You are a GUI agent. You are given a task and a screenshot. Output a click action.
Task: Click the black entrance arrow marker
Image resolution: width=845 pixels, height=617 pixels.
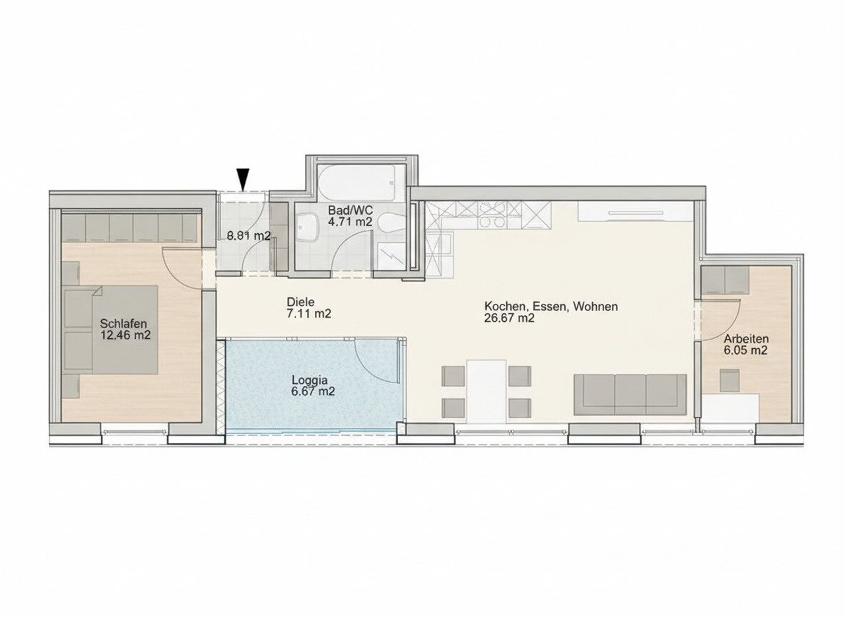(x=243, y=180)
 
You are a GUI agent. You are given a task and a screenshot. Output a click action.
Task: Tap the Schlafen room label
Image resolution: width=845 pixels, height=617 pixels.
(x=123, y=324)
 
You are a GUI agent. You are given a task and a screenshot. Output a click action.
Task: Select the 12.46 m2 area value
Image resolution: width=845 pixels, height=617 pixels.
(x=125, y=335)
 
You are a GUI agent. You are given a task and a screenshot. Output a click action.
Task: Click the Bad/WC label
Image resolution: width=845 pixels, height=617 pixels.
(x=351, y=210)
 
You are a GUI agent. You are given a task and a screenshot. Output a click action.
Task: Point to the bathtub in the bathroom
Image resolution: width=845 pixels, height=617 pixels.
(x=356, y=182)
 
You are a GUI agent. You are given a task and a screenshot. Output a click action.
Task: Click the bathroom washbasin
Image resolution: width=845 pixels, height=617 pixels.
(x=308, y=228)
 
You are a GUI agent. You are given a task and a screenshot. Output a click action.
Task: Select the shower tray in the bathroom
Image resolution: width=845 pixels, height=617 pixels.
(x=391, y=256)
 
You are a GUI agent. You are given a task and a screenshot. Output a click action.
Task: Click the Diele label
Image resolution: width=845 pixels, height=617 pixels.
(x=300, y=302)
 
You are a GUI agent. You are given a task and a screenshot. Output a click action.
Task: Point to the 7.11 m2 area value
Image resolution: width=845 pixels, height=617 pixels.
(x=309, y=313)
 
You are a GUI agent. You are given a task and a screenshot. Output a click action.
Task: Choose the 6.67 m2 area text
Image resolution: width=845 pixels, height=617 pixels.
(x=313, y=392)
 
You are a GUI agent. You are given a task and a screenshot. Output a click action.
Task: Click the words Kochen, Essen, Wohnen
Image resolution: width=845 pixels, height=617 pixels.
(x=551, y=307)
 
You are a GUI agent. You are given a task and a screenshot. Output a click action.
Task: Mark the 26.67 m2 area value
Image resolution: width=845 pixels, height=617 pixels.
(x=509, y=318)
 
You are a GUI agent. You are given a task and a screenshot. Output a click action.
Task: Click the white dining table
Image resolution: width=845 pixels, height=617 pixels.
(x=487, y=391)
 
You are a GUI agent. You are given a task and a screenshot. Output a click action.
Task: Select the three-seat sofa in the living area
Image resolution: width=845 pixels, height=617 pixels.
(x=630, y=394)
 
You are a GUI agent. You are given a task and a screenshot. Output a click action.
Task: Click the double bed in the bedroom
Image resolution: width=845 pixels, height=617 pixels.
(x=111, y=330)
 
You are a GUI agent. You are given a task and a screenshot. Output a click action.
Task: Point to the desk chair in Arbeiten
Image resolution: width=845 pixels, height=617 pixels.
(x=729, y=381)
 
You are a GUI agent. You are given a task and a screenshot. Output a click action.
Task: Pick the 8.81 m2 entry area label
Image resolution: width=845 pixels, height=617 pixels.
(x=249, y=236)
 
